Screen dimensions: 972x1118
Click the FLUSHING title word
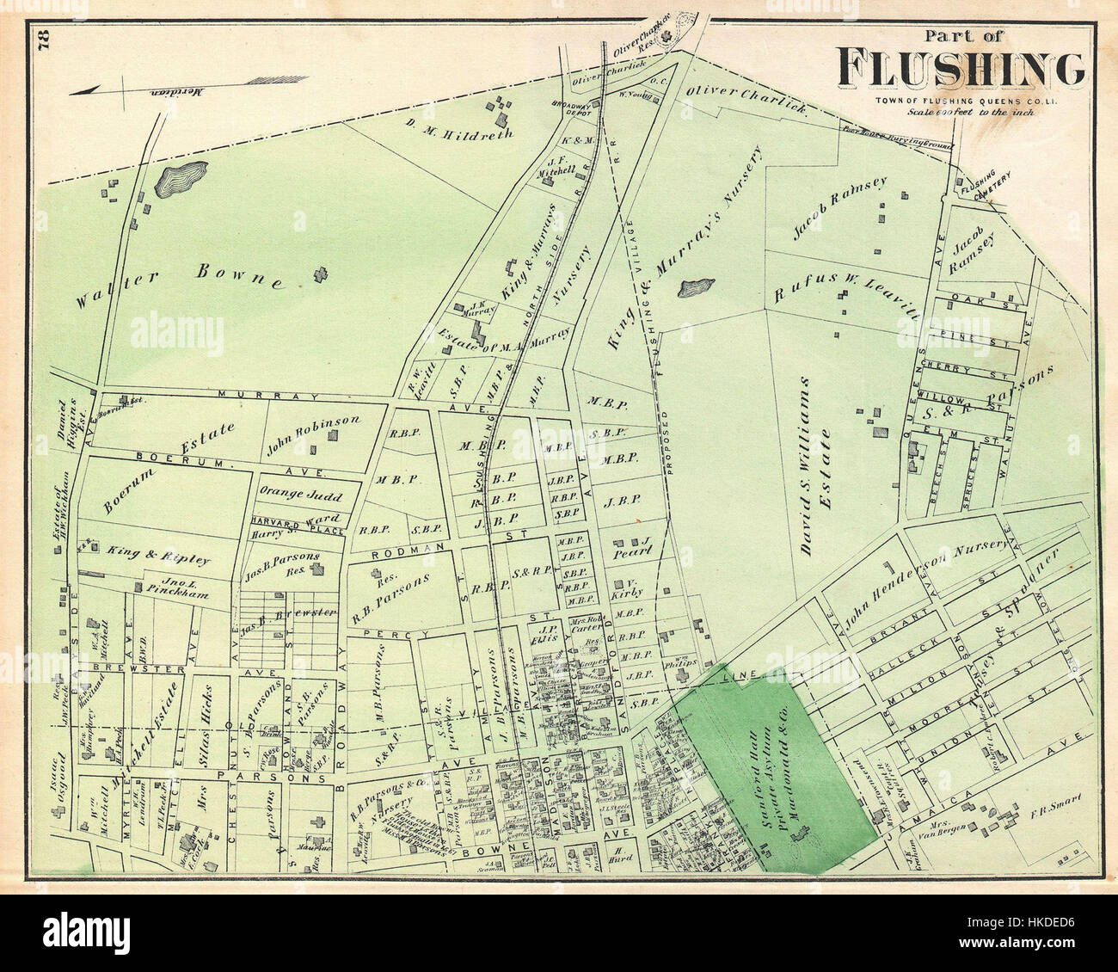tap(961, 70)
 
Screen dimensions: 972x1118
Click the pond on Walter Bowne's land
tap(181, 179)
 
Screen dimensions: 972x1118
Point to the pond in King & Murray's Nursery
tap(696, 286)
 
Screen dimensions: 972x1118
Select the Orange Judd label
tap(300, 496)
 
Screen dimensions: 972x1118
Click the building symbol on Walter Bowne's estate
tap(321, 275)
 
